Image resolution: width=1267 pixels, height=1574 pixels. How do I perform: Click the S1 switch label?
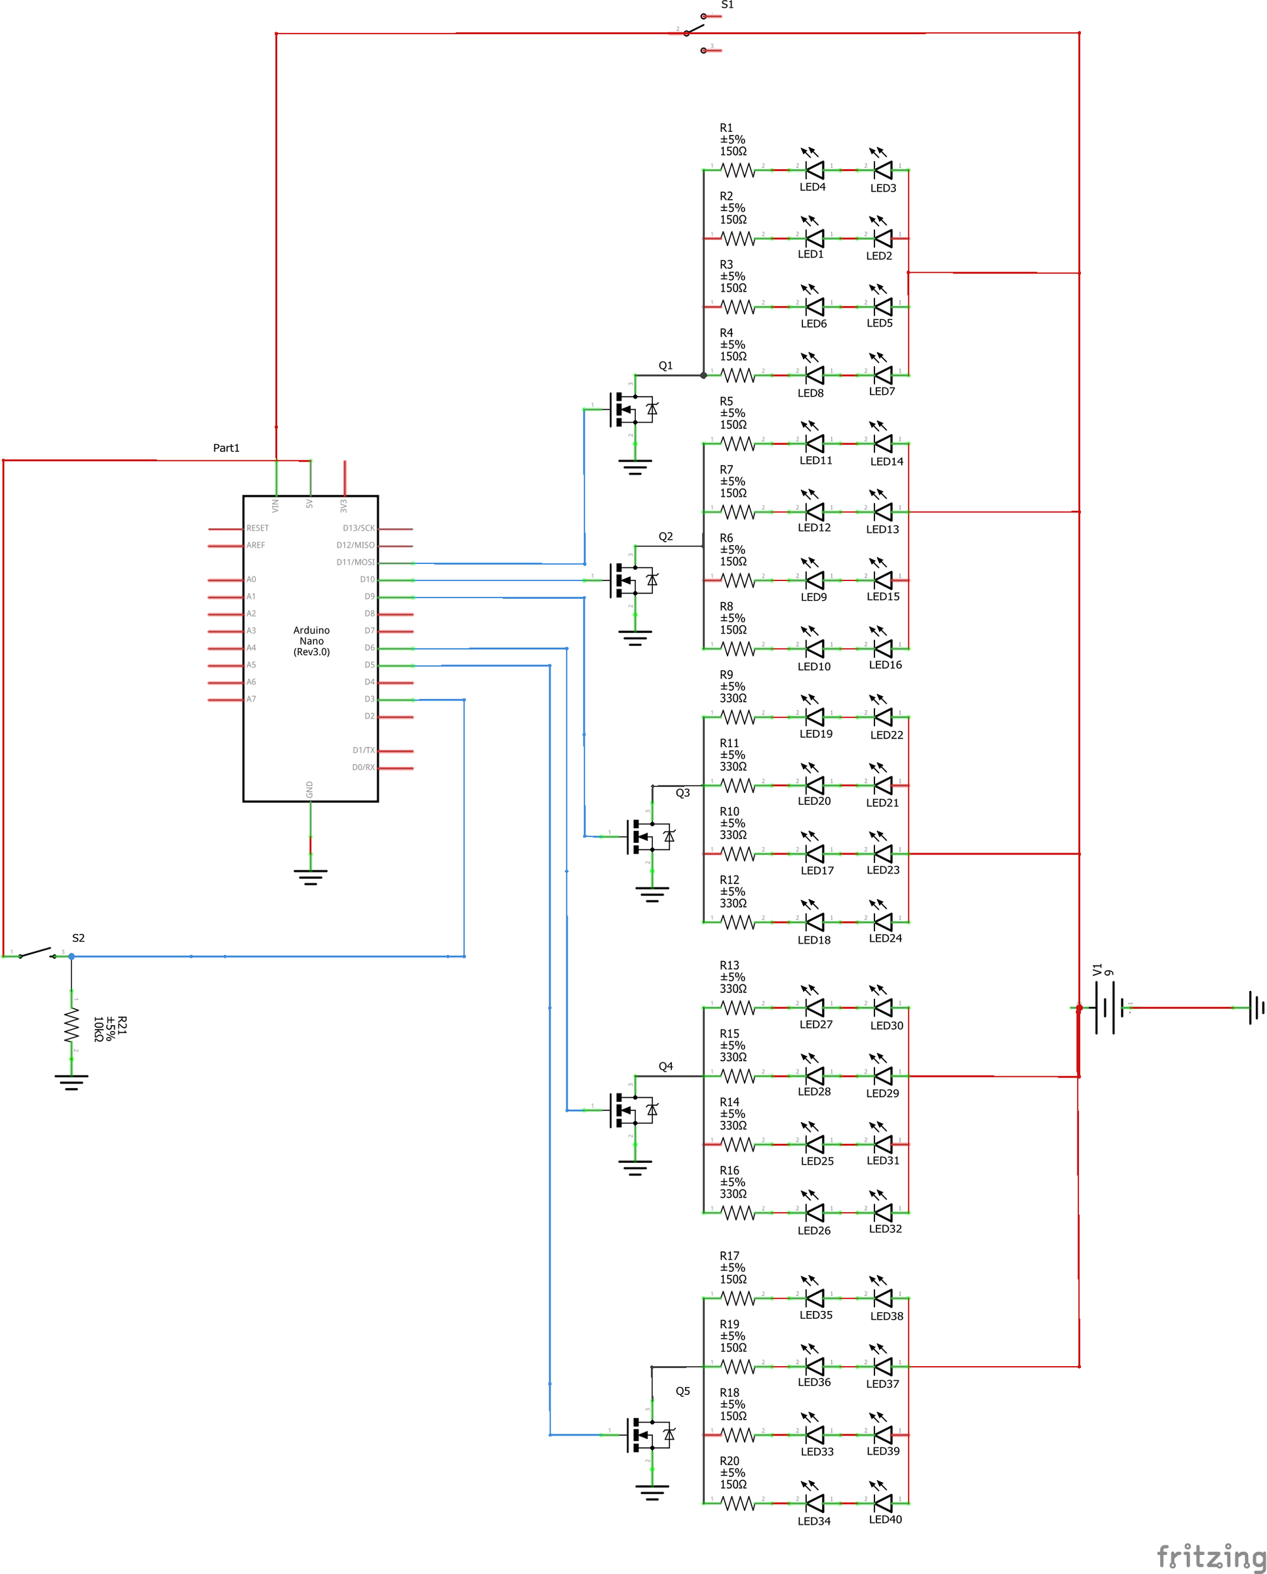[x=727, y=5]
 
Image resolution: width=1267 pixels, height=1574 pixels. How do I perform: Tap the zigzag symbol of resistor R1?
[x=738, y=170]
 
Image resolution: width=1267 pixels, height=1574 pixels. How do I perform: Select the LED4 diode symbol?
[x=815, y=170]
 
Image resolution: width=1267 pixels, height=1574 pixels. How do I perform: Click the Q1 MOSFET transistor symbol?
[x=632, y=409]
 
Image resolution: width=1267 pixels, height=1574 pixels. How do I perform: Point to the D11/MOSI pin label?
[x=355, y=562]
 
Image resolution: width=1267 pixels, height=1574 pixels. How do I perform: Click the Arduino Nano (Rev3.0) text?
[x=311, y=641]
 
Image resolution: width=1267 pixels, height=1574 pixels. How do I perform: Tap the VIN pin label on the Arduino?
[x=276, y=504]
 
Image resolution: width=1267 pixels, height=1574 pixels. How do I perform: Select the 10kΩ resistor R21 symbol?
[x=71, y=1026]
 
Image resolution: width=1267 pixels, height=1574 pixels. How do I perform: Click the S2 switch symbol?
[x=37, y=954]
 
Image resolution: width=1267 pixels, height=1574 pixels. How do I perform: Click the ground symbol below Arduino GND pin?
[x=310, y=876]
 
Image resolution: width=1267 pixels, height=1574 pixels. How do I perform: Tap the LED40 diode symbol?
[x=883, y=1503]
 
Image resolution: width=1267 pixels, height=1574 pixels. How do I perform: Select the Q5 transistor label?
[x=682, y=1391]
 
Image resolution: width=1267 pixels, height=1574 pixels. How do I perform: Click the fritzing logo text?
[x=1210, y=1555]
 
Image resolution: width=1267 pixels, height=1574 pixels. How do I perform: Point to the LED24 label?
[x=886, y=938]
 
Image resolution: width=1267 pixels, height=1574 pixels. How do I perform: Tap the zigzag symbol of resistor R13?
[x=738, y=1007]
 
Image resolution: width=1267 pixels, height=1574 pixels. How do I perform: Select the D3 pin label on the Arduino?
[x=369, y=699]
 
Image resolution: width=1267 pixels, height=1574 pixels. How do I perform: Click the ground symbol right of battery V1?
[x=1255, y=1007]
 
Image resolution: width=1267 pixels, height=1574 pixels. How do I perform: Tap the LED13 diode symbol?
[x=883, y=512]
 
